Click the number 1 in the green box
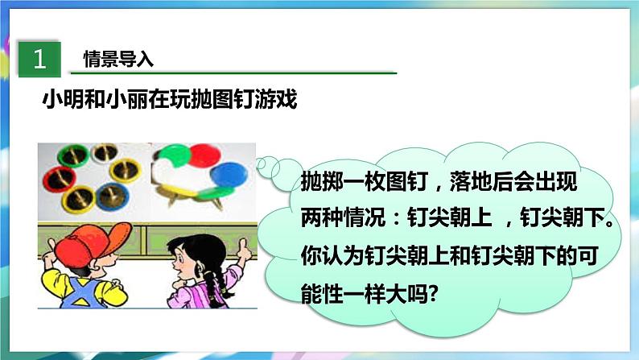37,59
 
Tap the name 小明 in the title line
59,101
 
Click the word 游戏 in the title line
279,101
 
